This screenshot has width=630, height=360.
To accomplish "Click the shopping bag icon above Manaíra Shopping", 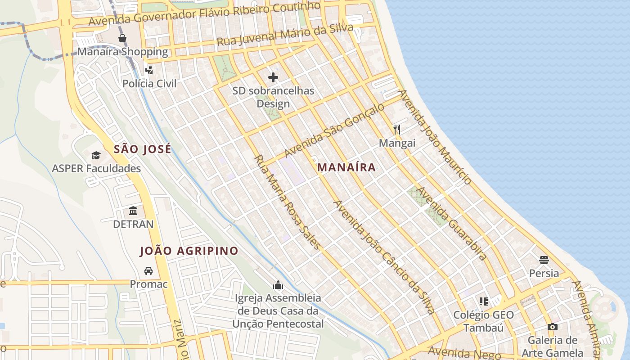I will [122, 38].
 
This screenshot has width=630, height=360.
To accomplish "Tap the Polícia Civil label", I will [149, 84].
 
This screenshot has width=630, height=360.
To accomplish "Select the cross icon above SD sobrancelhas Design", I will [273, 77].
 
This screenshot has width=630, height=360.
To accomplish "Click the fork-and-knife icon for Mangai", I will [396, 130].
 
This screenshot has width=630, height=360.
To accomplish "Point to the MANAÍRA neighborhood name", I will [346, 167].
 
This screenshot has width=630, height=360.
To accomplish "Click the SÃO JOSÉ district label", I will [142, 149].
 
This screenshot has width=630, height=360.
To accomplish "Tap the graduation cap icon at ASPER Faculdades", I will [96, 156].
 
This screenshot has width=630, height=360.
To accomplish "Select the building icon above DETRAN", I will [133, 211].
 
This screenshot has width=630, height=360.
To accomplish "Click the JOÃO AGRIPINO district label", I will [189, 251].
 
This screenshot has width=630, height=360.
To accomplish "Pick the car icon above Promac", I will [148, 271].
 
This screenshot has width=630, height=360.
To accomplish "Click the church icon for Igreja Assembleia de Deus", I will [278, 285].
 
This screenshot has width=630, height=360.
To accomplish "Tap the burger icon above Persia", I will [544, 260].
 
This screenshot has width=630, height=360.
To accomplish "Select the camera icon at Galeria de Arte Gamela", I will [552, 327].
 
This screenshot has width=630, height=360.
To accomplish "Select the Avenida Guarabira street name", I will [451, 223].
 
